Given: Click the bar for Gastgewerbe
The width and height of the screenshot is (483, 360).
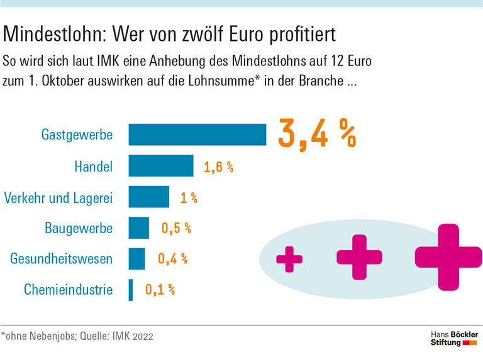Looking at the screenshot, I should click(x=197, y=134).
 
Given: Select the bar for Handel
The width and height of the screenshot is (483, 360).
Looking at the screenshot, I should click(x=161, y=166).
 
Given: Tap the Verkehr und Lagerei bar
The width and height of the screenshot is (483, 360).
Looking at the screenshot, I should click(x=149, y=197).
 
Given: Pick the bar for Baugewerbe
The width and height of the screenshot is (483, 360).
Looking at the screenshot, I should click(x=139, y=227).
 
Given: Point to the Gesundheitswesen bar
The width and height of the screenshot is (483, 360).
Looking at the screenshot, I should click(x=137, y=258).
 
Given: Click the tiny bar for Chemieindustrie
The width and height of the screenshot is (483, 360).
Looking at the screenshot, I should click(x=131, y=290).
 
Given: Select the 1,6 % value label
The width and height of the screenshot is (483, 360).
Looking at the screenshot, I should click(x=218, y=167).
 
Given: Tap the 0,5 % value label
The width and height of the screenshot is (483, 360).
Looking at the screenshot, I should click(x=176, y=229).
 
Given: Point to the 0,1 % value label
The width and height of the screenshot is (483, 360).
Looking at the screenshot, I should click(x=160, y=290).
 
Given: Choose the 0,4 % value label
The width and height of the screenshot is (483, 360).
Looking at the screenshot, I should click(x=172, y=259).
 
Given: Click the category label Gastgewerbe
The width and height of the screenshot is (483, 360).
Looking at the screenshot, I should click(x=77, y=135).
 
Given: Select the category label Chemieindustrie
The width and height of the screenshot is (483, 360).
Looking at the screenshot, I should click(x=69, y=290).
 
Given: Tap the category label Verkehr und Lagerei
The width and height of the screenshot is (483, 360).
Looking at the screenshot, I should click(x=58, y=197).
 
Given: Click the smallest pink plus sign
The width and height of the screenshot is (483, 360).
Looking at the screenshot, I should click(x=289, y=259).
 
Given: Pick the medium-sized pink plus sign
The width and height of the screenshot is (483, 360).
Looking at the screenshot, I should click(x=359, y=257).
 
